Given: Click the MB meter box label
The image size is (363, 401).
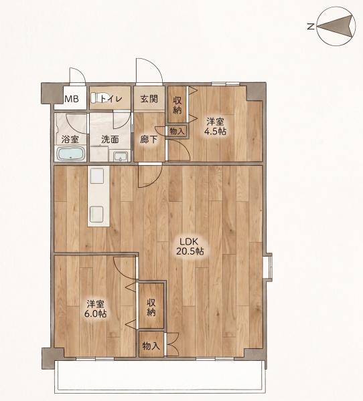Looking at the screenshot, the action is tap(72, 99).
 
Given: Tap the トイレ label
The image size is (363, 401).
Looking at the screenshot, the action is tap(112, 98).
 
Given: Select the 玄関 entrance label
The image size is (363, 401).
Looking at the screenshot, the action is tap(149, 99).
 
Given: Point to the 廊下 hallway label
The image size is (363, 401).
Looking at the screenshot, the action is tap(149, 140).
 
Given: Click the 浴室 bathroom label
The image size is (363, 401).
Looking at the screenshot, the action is tap(70, 140).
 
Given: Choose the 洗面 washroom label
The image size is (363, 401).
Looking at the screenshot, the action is tap(110, 140).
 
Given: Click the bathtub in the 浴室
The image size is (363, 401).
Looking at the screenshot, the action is tap(71, 154).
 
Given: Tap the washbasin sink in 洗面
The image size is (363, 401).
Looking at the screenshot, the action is tap(121, 156).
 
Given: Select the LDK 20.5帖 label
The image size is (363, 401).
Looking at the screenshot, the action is tap(190, 246).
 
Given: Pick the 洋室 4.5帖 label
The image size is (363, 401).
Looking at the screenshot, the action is tap(215, 126).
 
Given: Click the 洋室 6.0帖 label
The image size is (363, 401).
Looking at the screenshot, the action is tap(95, 309).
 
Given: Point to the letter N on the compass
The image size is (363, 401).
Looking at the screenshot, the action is tap(311, 26).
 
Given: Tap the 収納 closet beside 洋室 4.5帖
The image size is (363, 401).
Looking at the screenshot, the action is tap(177, 105).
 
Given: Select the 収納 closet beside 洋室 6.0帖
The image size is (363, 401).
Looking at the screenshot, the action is tap(151, 306).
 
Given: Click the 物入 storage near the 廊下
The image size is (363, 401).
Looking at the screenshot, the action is tap(177, 132).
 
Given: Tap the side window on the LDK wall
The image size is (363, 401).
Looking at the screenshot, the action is tap(268, 267).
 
